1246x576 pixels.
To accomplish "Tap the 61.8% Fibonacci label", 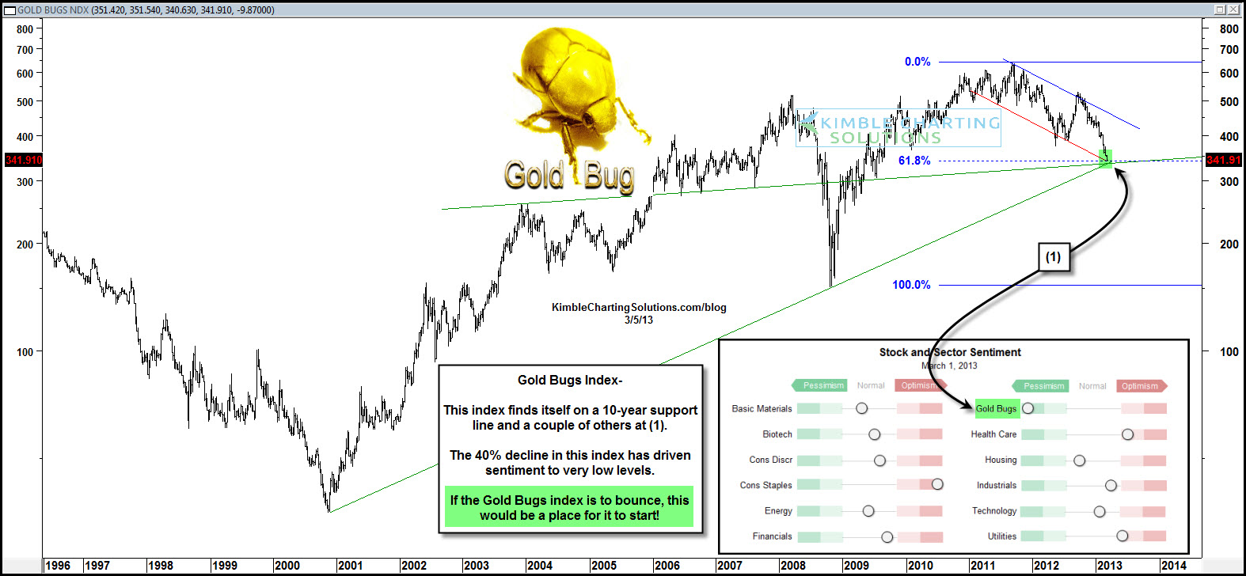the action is click(x=914, y=161).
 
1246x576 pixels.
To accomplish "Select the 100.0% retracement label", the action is click(x=911, y=285).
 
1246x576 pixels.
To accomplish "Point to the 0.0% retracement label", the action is click(x=917, y=62).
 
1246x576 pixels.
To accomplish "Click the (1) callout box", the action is click(x=1053, y=257).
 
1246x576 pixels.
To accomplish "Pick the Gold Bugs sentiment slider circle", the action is click(x=1028, y=408).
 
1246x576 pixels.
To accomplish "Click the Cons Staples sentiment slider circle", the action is click(x=937, y=484).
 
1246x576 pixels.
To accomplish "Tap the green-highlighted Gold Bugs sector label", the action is click(x=997, y=408).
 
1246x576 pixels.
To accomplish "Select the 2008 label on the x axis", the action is click(x=792, y=566).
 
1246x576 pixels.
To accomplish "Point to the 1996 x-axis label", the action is click(x=58, y=566).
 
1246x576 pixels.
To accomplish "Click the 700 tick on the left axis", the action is click(x=25, y=50).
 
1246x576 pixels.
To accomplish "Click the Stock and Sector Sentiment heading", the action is click(x=950, y=352).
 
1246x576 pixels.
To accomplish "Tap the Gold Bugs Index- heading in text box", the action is click(x=570, y=381).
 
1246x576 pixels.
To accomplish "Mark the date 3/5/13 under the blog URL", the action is click(x=639, y=320).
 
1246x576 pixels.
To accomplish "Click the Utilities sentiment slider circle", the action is click(x=1122, y=536).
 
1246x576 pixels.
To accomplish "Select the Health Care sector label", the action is click(x=994, y=434).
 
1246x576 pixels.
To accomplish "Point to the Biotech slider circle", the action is click(x=875, y=434).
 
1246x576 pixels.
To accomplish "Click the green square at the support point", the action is click(x=1106, y=158).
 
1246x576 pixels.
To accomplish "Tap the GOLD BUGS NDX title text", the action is click(x=53, y=10).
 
